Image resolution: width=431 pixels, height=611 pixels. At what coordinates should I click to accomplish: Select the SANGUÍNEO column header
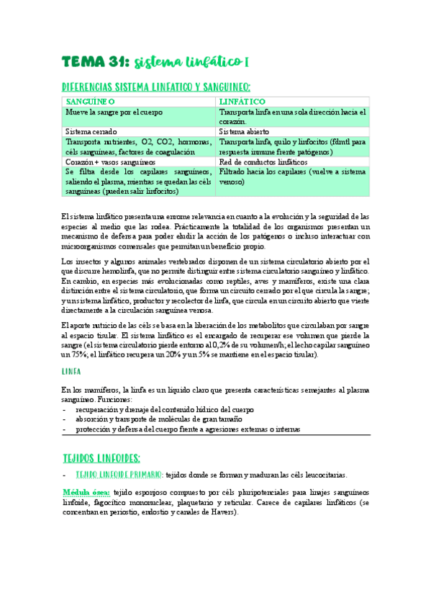pos(90,102)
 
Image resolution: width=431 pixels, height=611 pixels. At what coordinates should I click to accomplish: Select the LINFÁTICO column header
pos(243,102)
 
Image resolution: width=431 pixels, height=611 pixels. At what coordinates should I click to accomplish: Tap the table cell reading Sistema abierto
pos(245,132)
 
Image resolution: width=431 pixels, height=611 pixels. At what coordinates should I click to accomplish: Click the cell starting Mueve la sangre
pos(114,112)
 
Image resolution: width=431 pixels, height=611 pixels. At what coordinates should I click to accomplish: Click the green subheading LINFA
pos(71,371)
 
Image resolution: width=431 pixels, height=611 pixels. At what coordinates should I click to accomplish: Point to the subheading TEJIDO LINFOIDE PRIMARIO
pos(119,475)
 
